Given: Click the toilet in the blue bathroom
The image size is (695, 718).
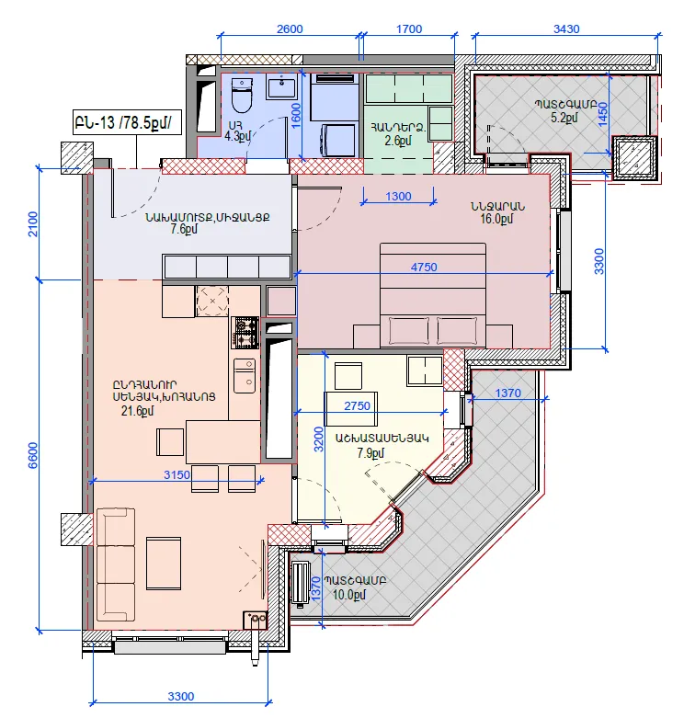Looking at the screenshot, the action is tap(241, 96).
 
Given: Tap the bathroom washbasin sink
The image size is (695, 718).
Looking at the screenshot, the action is tap(282, 87).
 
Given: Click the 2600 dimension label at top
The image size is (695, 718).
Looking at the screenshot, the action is tap(290, 28).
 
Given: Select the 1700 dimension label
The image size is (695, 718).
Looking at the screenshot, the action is tap(409, 28).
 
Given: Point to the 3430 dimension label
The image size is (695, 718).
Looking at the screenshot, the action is tap(566, 28).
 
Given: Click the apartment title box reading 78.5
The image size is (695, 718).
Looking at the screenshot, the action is tap(127, 122).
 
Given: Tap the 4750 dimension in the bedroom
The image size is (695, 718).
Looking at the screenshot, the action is tap(424, 267).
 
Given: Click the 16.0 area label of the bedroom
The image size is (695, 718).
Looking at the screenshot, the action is tap(496, 219).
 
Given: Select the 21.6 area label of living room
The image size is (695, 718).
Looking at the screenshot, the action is tap(137, 411).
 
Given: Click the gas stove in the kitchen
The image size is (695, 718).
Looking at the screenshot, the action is tap(245, 332).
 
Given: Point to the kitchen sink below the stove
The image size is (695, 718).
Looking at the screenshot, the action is tap(245, 376).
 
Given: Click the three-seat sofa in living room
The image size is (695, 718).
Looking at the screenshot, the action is tap(116, 564).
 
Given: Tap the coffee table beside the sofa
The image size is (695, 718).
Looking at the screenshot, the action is tap(164, 564).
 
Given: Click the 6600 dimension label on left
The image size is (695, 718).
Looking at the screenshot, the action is tap(33, 456).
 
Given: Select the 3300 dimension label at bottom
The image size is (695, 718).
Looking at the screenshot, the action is tap(181, 697).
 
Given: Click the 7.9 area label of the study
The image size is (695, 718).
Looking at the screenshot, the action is tap(370, 453).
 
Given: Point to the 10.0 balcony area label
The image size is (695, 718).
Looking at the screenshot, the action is tap(348, 595).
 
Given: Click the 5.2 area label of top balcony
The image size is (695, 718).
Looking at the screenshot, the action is tap(564, 118).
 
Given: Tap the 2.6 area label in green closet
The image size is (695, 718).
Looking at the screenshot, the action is tap(398, 141).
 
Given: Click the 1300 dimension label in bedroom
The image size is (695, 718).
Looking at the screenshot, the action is tap(398, 197).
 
